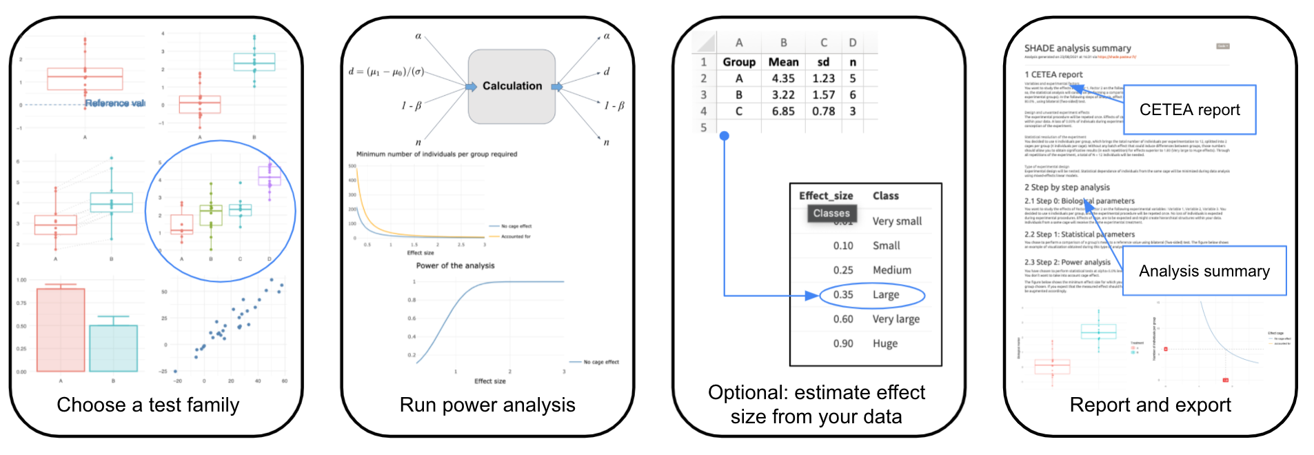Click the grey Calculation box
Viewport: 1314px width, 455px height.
512,87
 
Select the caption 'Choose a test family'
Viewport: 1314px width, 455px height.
148,405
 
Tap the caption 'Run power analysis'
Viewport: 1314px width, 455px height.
487,405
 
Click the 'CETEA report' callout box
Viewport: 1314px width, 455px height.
1189,110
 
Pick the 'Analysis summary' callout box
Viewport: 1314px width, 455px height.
1204,271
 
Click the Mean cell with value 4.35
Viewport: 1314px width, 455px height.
783,79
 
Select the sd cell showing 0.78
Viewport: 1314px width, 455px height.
823,111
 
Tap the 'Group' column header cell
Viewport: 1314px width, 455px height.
739,62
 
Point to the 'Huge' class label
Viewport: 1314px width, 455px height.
885,343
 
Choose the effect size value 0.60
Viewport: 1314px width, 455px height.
843,319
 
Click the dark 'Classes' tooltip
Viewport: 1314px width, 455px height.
831,214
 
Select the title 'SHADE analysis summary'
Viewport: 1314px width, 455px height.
1078,48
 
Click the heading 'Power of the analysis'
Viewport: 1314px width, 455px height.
455,265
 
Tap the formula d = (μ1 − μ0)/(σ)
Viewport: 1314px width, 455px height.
386,72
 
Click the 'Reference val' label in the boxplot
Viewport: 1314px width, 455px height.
115,103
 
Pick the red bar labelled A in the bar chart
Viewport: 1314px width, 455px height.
61,330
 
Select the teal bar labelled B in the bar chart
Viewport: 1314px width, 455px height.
113,348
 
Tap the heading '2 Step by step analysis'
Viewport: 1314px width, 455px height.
1067,188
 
